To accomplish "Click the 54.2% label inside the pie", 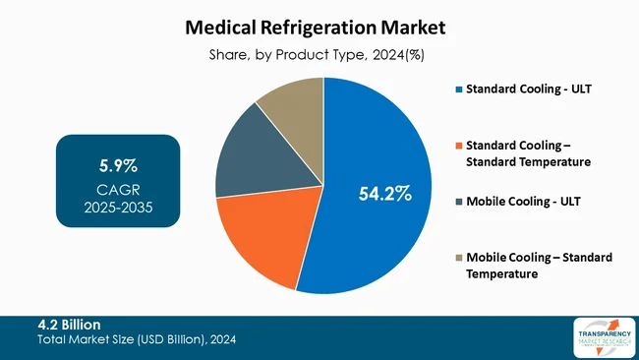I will pos(383,194).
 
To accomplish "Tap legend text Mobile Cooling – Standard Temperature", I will pos(540,266).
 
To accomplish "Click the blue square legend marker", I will pos(458,91).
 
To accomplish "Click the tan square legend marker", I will pos(458,258).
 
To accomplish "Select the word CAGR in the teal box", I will pos(117,190).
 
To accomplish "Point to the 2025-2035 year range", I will pos(117,209).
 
